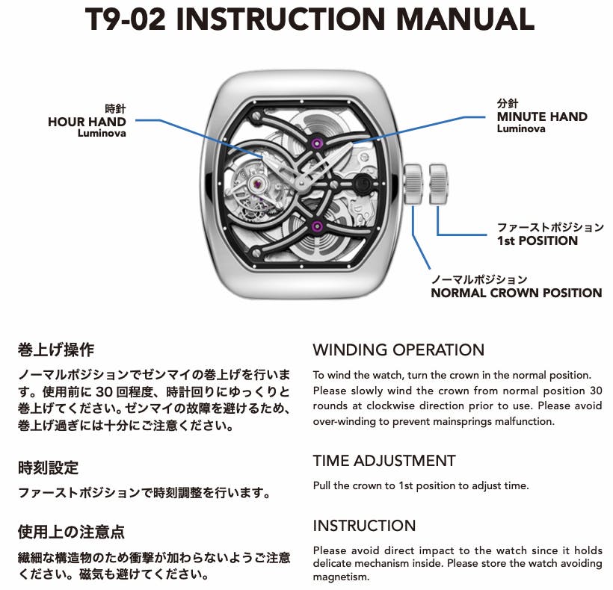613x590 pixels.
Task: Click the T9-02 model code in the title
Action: click(125, 19)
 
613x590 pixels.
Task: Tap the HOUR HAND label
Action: click(87, 122)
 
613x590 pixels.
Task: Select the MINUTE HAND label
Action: click(542, 117)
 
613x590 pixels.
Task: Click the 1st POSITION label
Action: click(537, 240)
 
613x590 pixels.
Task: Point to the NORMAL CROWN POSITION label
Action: click(516, 293)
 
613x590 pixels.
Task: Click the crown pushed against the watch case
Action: click(413, 184)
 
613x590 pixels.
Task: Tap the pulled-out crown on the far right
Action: click(438, 184)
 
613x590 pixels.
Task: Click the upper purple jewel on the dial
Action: click(317, 143)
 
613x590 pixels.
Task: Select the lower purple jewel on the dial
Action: click(317, 226)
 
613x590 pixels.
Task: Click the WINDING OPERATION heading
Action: click(398, 350)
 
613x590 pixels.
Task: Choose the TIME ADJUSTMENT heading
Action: click(384, 461)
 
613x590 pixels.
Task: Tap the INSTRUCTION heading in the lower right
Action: click(364, 526)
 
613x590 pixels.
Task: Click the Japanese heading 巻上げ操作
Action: click(56, 350)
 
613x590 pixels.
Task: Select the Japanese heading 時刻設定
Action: click(48, 468)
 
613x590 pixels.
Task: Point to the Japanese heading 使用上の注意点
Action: click(71, 532)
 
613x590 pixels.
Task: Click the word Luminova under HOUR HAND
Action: click(102, 133)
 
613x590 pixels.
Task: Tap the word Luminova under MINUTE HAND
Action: click(521, 128)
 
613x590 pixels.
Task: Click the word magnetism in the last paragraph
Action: click(341, 577)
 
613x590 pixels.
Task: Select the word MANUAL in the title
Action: click(465, 19)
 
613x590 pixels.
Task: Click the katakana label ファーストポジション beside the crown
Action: click(550, 227)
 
